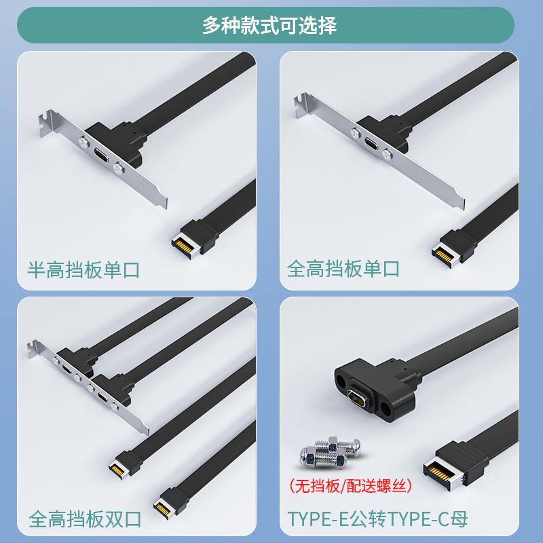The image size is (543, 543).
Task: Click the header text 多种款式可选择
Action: point(269,25)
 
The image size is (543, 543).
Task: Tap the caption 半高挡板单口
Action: point(83,270)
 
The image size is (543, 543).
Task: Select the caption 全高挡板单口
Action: point(343,269)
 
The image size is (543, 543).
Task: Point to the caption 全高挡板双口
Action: point(85,519)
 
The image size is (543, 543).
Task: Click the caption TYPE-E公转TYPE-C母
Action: point(377,519)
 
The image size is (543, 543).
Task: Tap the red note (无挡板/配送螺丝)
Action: point(351,486)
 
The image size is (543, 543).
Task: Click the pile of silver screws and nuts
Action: point(329,451)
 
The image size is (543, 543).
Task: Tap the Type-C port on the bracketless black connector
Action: point(357,397)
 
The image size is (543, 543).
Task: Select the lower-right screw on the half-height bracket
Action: point(118,168)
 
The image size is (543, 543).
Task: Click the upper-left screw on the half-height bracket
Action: point(83,142)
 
